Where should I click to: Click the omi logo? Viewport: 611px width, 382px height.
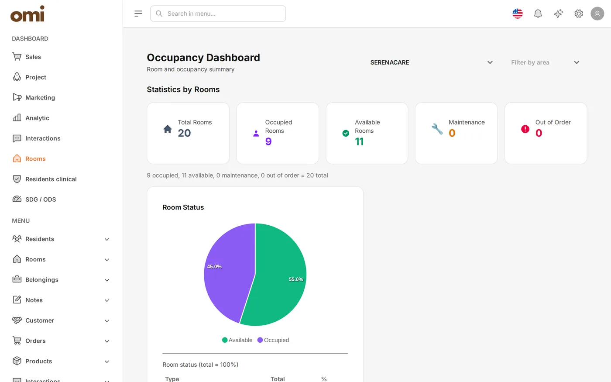pyautogui.click(x=27, y=14)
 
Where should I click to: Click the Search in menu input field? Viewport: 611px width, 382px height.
pyautogui.click(x=218, y=14)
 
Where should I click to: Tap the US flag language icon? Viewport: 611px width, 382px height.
pyautogui.click(x=518, y=14)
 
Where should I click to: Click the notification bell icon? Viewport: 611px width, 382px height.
pyautogui.click(x=538, y=14)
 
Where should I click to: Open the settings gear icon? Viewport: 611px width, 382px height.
pyautogui.click(x=579, y=14)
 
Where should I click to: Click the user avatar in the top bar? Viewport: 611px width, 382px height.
pyautogui.click(x=597, y=14)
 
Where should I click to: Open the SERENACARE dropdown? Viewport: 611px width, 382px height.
pyautogui.click(x=432, y=62)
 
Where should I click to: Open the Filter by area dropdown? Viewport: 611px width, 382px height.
pyautogui.click(x=545, y=62)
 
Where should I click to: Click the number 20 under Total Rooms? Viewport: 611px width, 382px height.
pyautogui.click(x=184, y=133)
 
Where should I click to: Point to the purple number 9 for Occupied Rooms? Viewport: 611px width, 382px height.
pyautogui.click(x=268, y=141)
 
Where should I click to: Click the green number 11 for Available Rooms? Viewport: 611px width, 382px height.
pyautogui.click(x=359, y=141)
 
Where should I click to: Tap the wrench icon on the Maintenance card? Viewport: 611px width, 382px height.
pyautogui.click(x=437, y=129)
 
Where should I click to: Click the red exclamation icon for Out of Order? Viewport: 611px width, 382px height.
pyautogui.click(x=525, y=129)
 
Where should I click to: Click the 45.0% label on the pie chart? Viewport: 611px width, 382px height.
pyautogui.click(x=214, y=267)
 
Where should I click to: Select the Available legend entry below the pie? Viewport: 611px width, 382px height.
pyautogui.click(x=237, y=340)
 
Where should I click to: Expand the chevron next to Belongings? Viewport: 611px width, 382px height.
pyautogui.click(x=107, y=280)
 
